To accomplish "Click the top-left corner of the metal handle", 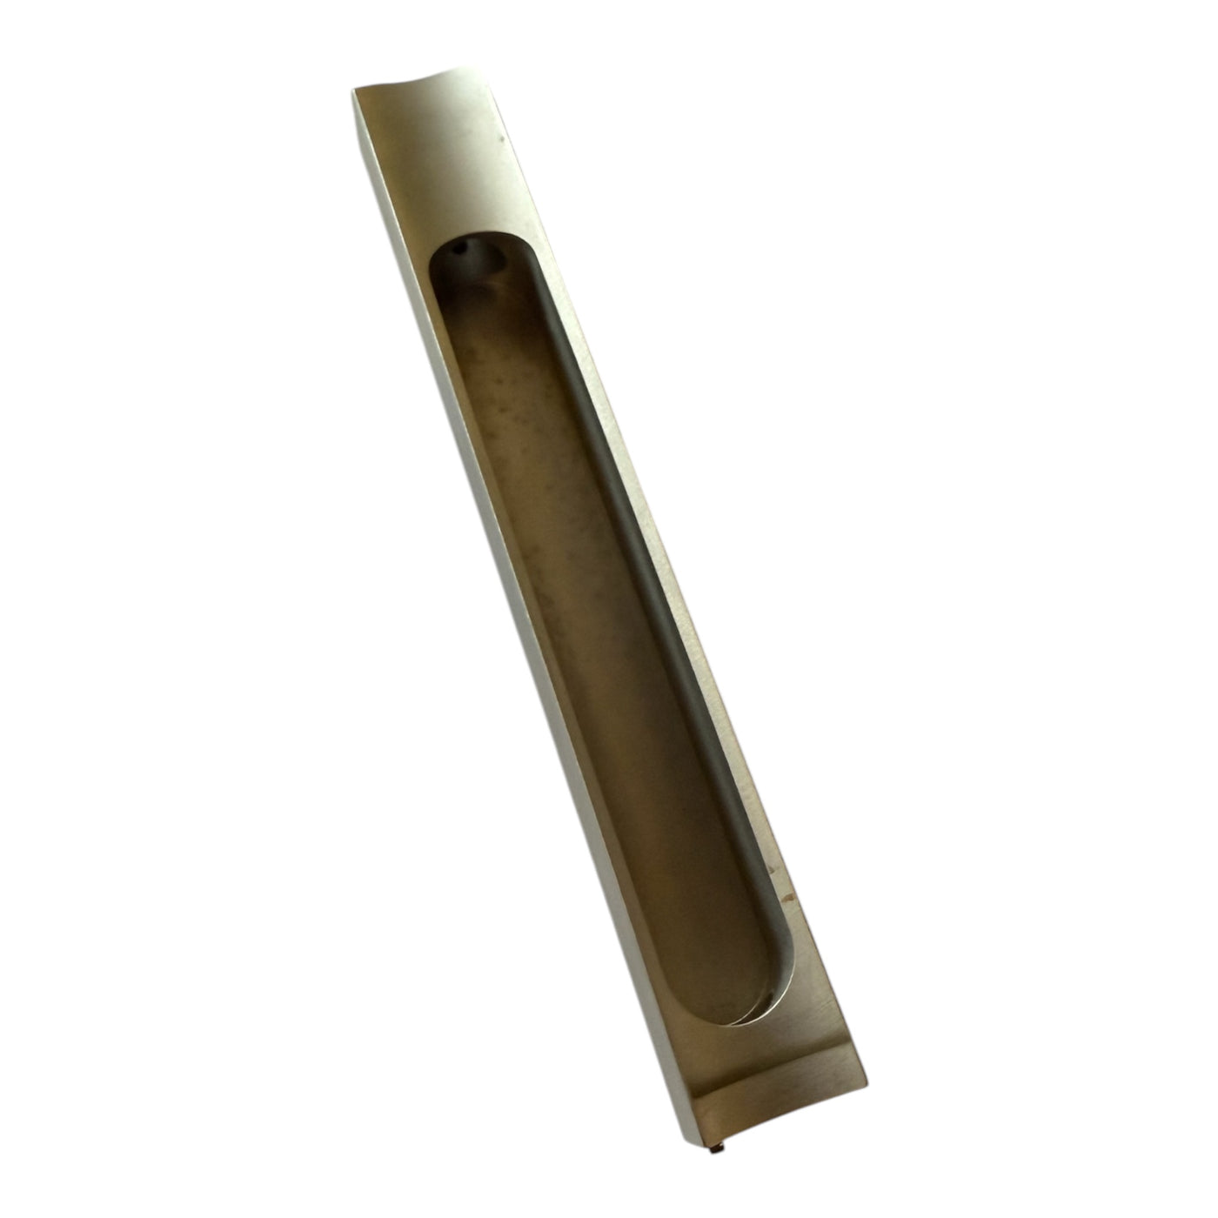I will tap(354, 86).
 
